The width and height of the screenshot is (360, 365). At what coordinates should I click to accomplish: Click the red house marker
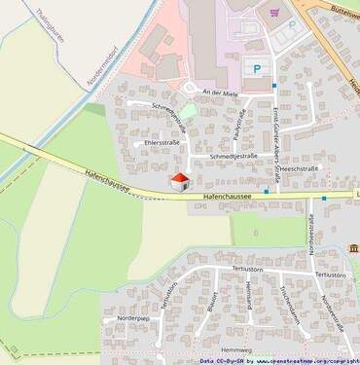180,181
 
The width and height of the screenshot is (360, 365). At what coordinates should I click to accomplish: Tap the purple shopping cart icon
274,13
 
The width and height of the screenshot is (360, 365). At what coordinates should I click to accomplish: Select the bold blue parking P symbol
257,68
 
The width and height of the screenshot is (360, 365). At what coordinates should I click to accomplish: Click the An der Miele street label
219,91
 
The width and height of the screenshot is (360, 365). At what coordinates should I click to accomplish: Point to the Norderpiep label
133,318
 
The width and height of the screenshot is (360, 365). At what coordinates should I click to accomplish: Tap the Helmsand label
249,295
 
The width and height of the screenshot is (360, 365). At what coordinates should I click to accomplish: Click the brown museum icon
354,247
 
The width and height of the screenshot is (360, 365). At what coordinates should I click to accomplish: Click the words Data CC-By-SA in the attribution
223,360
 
